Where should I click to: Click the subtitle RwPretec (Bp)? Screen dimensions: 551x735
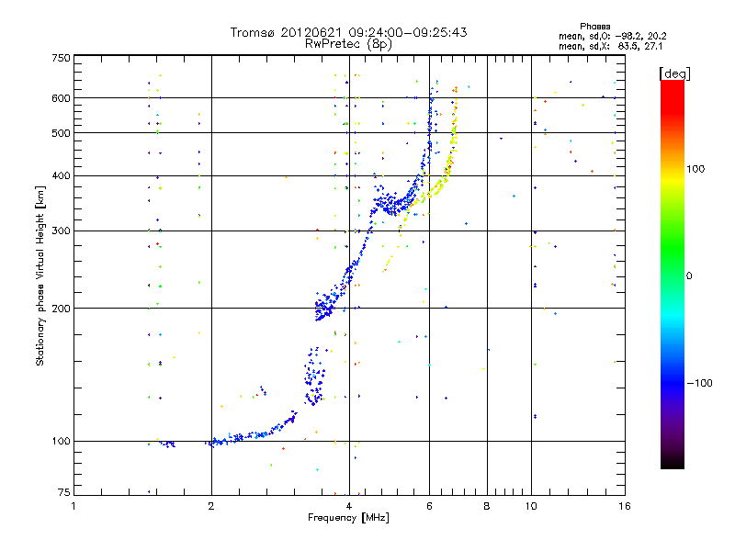[349, 43]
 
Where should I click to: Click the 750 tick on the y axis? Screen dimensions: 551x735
[62, 58]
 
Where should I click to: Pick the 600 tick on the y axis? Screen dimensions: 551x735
[62, 97]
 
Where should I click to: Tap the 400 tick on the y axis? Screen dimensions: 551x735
[62, 175]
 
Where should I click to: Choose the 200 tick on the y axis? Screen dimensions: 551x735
[62, 309]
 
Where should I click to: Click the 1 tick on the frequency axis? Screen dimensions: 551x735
[73, 506]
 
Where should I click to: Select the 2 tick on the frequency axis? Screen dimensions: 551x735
[211, 506]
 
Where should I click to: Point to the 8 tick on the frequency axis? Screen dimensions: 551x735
[486, 506]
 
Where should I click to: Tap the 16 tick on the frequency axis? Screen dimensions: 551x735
[623, 506]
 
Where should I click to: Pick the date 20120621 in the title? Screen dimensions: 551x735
[317, 32]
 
